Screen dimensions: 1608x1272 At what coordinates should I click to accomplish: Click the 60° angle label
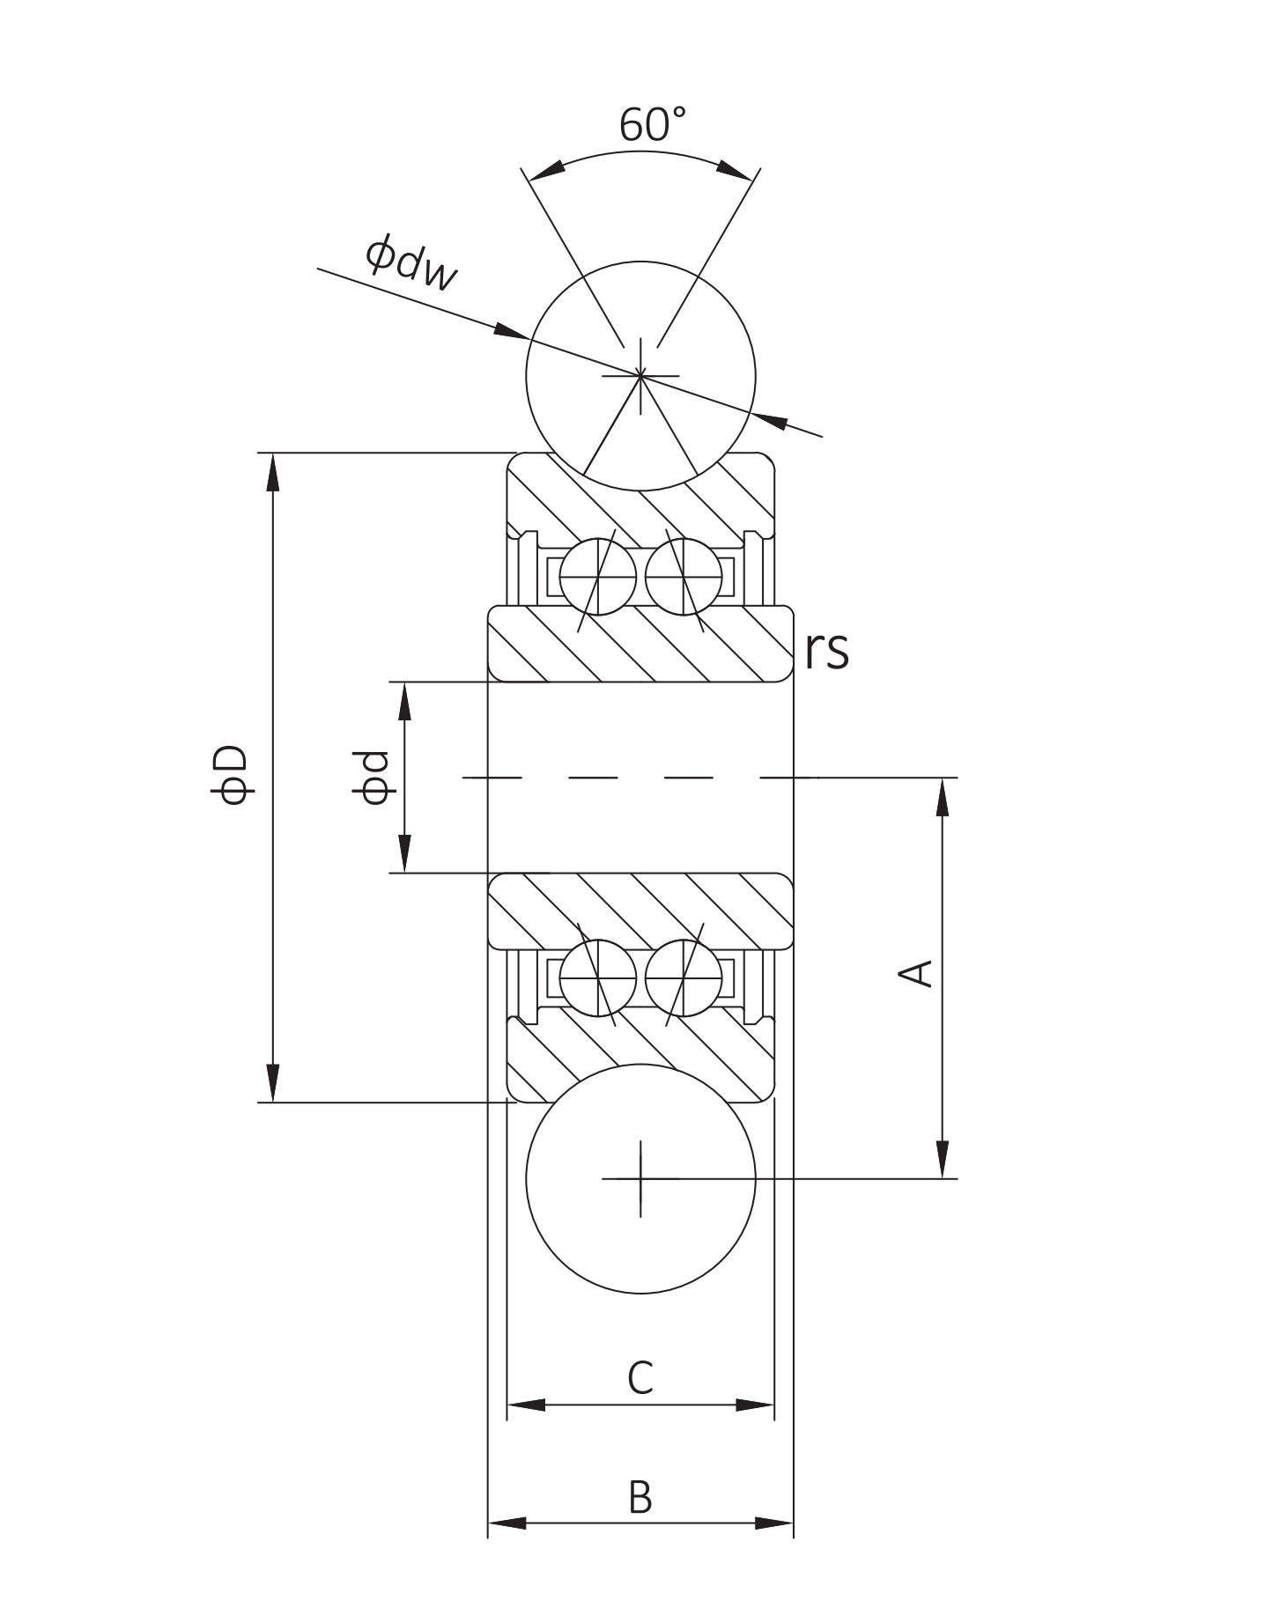[651, 124]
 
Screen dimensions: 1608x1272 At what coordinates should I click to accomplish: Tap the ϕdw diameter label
[411, 262]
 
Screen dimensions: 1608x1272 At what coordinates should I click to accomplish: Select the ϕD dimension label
[233, 776]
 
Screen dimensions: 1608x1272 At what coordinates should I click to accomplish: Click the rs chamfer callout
[826, 650]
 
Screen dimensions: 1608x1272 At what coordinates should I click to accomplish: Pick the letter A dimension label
[915, 973]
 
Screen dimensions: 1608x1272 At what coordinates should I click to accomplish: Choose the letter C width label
[640, 1378]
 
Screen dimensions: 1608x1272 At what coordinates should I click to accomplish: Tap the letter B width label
[640, 1498]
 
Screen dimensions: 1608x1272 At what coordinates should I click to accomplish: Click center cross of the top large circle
[640, 376]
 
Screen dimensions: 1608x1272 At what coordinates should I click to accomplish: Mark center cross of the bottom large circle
[640, 1178]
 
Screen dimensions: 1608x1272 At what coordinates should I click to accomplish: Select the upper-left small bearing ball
[597, 578]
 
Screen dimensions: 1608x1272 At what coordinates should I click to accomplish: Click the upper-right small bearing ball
[684, 578]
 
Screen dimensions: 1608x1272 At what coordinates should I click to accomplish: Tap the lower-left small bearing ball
[597, 977]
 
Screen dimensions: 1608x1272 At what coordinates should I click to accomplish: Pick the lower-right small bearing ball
[684, 977]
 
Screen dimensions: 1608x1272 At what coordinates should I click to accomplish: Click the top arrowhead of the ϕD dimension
[273, 471]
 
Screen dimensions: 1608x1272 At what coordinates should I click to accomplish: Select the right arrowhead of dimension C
[755, 1405]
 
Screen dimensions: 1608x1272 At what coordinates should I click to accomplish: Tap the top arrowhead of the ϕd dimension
[404, 701]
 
